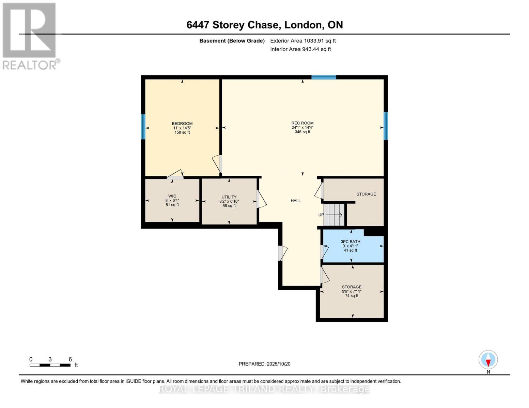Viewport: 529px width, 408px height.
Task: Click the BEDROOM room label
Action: (x=182, y=124)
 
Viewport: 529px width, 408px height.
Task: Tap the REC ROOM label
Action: (x=302, y=123)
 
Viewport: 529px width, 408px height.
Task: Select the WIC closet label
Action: (x=172, y=196)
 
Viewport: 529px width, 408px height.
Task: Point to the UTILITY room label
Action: (x=229, y=197)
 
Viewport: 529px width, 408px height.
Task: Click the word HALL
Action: (x=295, y=201)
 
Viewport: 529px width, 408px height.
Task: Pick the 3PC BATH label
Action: (x=350, y=242)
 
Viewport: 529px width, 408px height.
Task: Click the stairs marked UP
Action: (x=334, y=215)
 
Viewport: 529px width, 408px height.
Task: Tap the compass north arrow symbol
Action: (x=488, y=360)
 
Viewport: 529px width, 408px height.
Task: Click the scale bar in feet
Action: (x=50, y=365)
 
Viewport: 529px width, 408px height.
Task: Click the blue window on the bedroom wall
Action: (x=143, y=127)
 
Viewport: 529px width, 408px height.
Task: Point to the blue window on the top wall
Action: (x=324, y=77)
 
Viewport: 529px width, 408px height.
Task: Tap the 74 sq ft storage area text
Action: (x=352, y=296)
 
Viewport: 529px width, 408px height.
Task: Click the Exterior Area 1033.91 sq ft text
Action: (x=303, y=41)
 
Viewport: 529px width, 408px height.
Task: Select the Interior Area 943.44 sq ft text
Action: (x=300, y=49)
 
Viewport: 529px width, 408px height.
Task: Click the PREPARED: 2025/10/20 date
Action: (x=264, y=364)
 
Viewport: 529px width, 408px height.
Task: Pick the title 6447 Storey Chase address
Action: (x=264, y=25)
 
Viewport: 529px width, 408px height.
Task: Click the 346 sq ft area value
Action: (x=302, y=132)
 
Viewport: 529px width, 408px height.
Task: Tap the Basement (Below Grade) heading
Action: (x=232, y=41)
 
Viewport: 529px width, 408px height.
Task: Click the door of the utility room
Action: (x=261, y=199)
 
